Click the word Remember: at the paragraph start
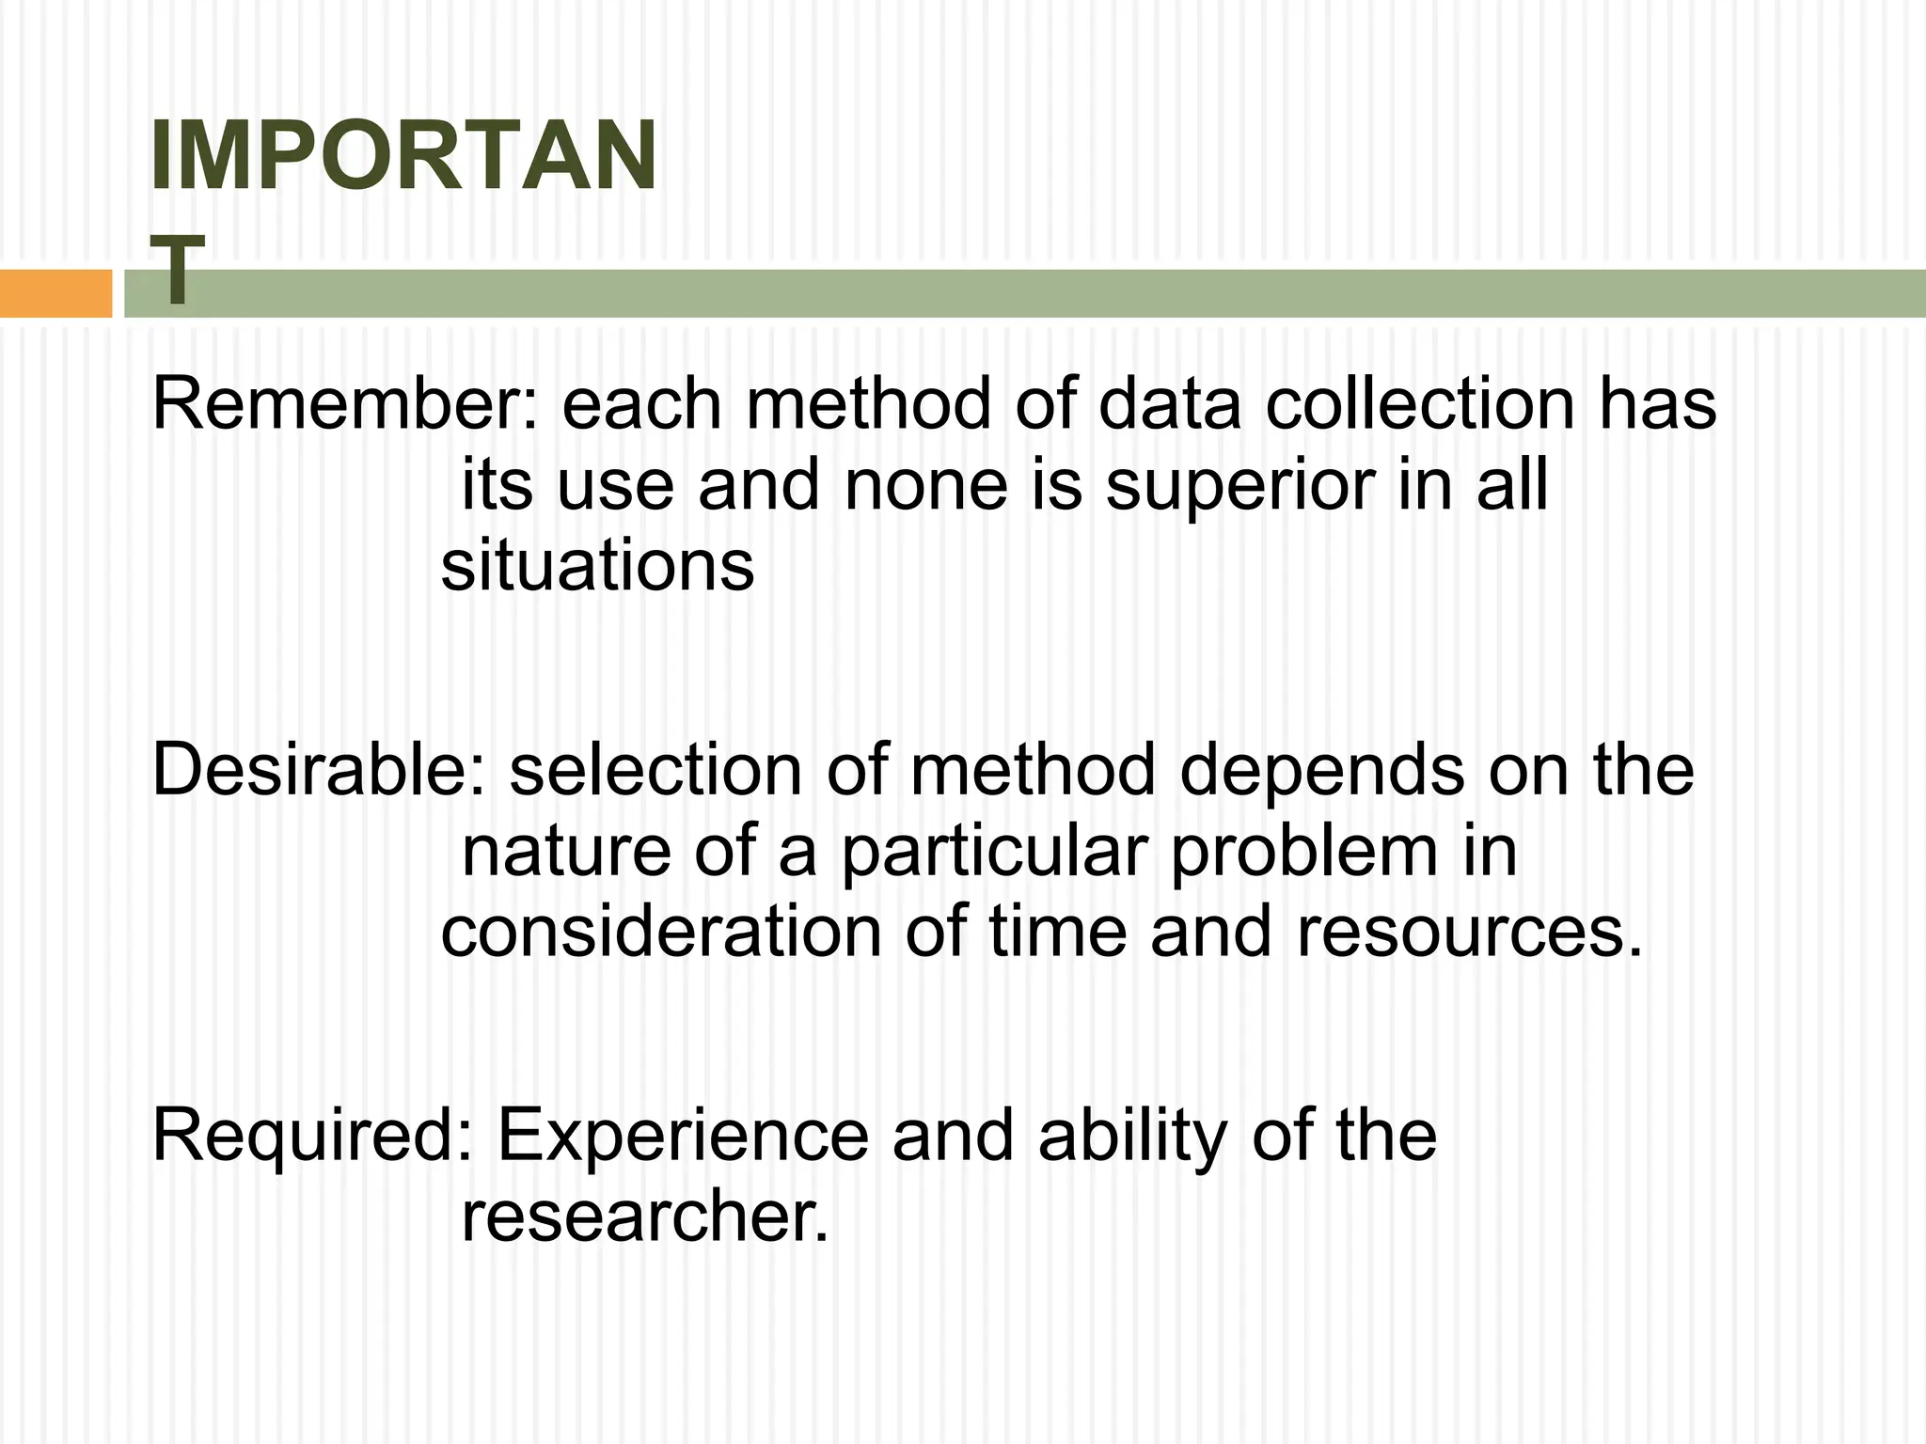pyautogui.click(x=344, y=404)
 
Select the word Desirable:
pyautogui.click(x=319, y=770)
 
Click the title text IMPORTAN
pyautogui.click(x=403, y=157)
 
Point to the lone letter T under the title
pyautogui.click(x=177, y=270)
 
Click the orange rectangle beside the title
pyautogui.click(x=55, y=293)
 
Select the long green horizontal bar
pyautogui.click(x=1034, y=293)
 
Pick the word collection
pyautogui.click(x=1419, y=404)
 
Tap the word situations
pyautogui.click(x=597, y=567)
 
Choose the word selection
pyautogui.click(x=655, y=770)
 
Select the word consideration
pyautogui.click(x=661, y=933)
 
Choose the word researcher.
pyautogui.click(x=645, y=1217)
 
